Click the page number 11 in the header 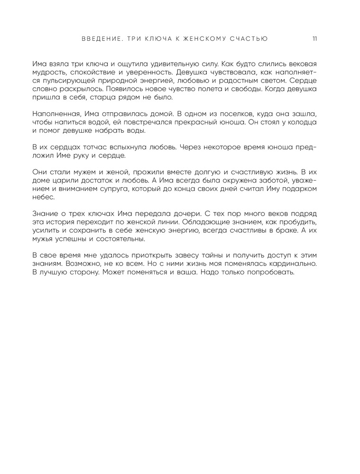pos(314,39)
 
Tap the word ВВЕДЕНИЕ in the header pos(98,39)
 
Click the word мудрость pos(47,73)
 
